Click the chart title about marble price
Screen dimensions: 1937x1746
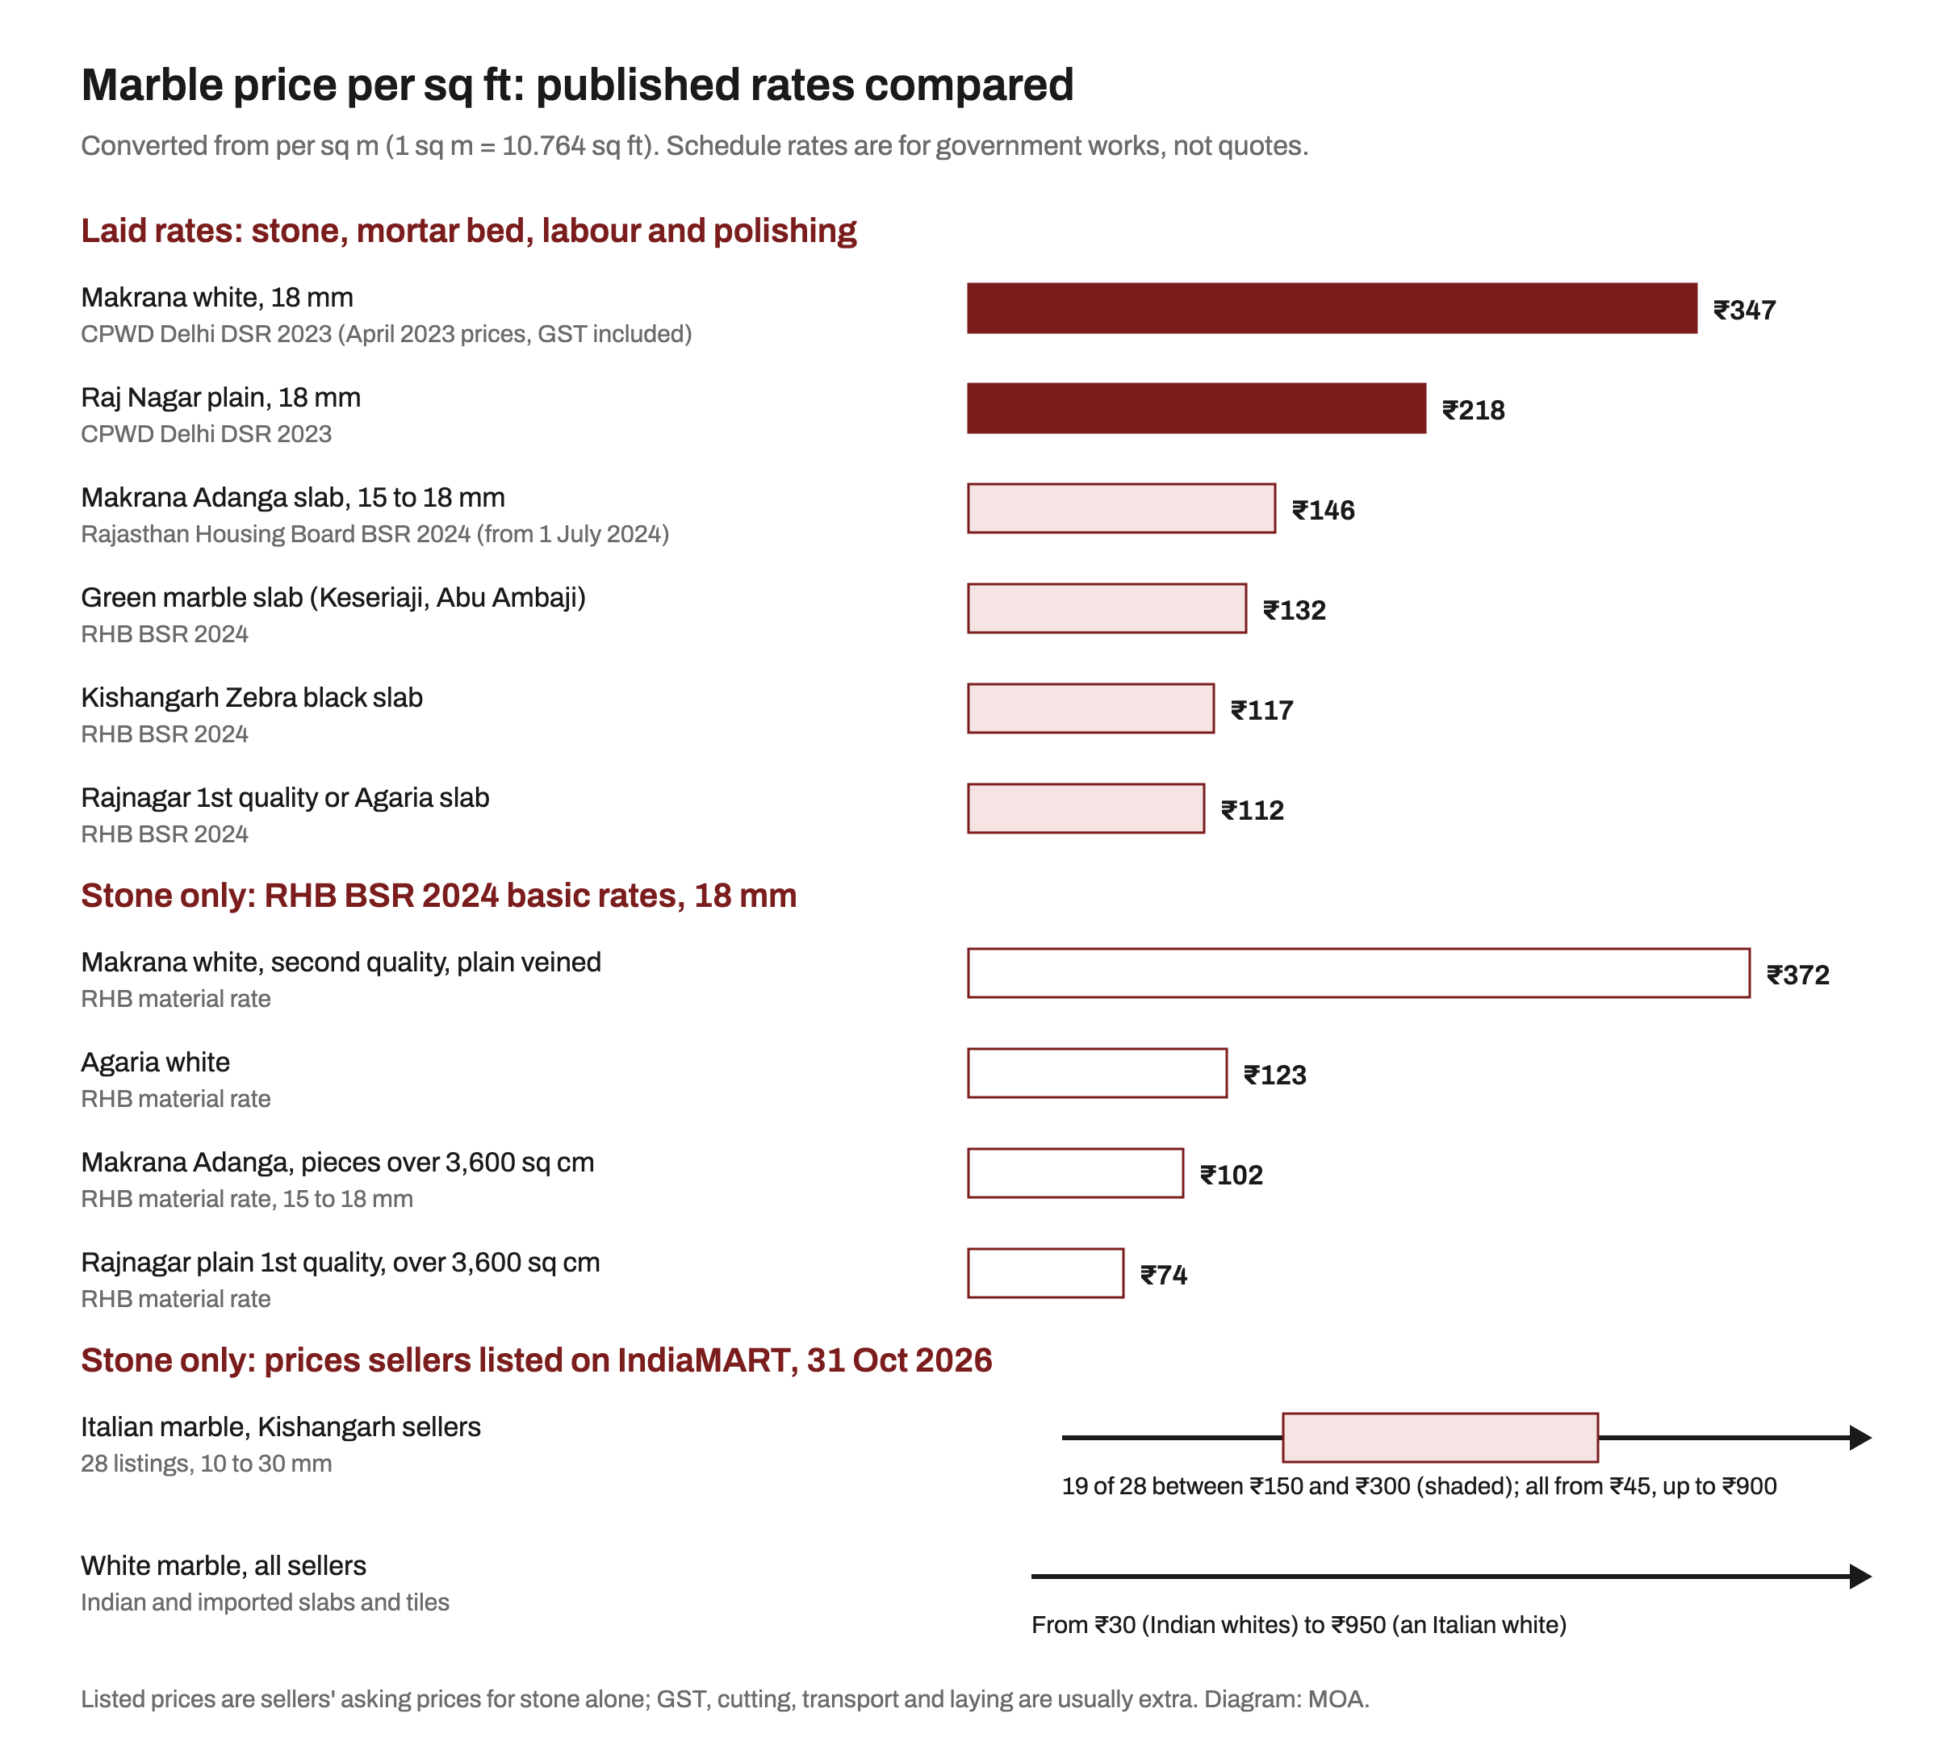(576, 85)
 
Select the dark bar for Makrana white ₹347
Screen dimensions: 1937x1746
(1331, 308)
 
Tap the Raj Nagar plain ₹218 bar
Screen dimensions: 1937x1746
(1195, 407)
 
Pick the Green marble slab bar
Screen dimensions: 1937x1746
(1107, 608)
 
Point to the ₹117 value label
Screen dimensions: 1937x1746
(1261, 710)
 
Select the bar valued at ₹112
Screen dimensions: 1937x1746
(1085, 808)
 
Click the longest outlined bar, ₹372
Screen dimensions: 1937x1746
(1358, 973)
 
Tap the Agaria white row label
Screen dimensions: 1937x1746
(156, 1062)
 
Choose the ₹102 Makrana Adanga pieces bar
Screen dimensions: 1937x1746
(1074, 1172)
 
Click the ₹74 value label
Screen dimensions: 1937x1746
(1163, 1275)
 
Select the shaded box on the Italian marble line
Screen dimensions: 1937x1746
(1439, 1437)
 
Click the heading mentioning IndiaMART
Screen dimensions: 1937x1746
(536, 1360)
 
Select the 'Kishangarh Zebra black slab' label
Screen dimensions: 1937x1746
(251, 697)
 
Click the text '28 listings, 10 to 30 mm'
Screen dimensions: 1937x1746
(207, 1463)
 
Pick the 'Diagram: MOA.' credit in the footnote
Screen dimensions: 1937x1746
(1286, 1699)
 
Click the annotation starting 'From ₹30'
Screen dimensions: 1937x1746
(1298, 1624)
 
